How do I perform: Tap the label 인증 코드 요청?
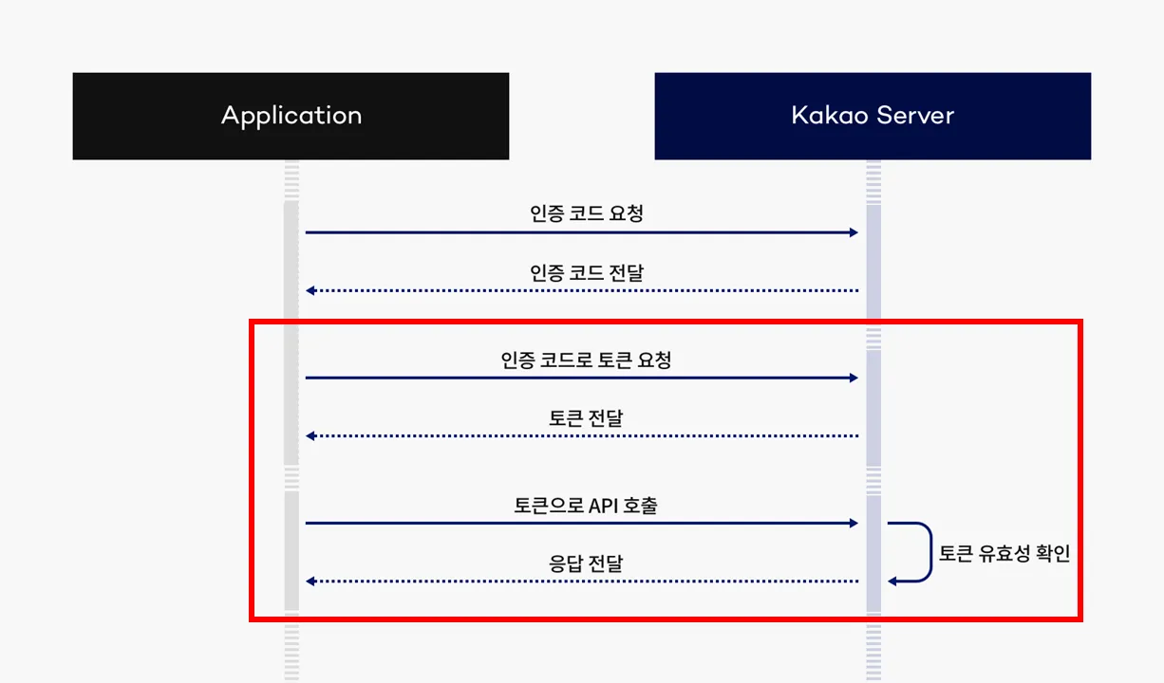pyautogui.click(x=587, y=213)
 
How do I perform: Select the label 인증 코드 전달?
pyautogui.click(x=587, y=273)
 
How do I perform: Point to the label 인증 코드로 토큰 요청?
pyautogui.click(x=587, y=360)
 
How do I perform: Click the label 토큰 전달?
pyautogui.click(x=586, y=417)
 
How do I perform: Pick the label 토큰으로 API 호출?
pyautogui.click(x=586, y=506)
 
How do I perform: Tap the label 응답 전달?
pyautogui.click(x=586, y=563)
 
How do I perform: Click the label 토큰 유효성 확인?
pyautogui.click(x=1004, y=554)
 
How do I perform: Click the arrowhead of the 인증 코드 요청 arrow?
pyautogui.click(x=854, y=232)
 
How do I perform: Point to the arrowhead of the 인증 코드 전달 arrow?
pyautogui.click(x=310, y=290)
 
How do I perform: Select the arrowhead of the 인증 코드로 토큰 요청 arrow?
pyautogui.click(x=854, y=378)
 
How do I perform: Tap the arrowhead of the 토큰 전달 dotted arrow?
pyautogui.click(x=310, y=435)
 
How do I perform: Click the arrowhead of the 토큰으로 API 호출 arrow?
pyautogui.click(x=854, y=523)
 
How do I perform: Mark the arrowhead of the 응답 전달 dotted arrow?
pyautogui.click(x=310, y=581)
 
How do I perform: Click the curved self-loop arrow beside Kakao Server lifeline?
pyautogui.click(x=929, y=551)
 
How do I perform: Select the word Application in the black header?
pyautogui.click(x=291, y=116)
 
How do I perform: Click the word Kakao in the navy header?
pyautogui.click(x=825, y=116)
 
